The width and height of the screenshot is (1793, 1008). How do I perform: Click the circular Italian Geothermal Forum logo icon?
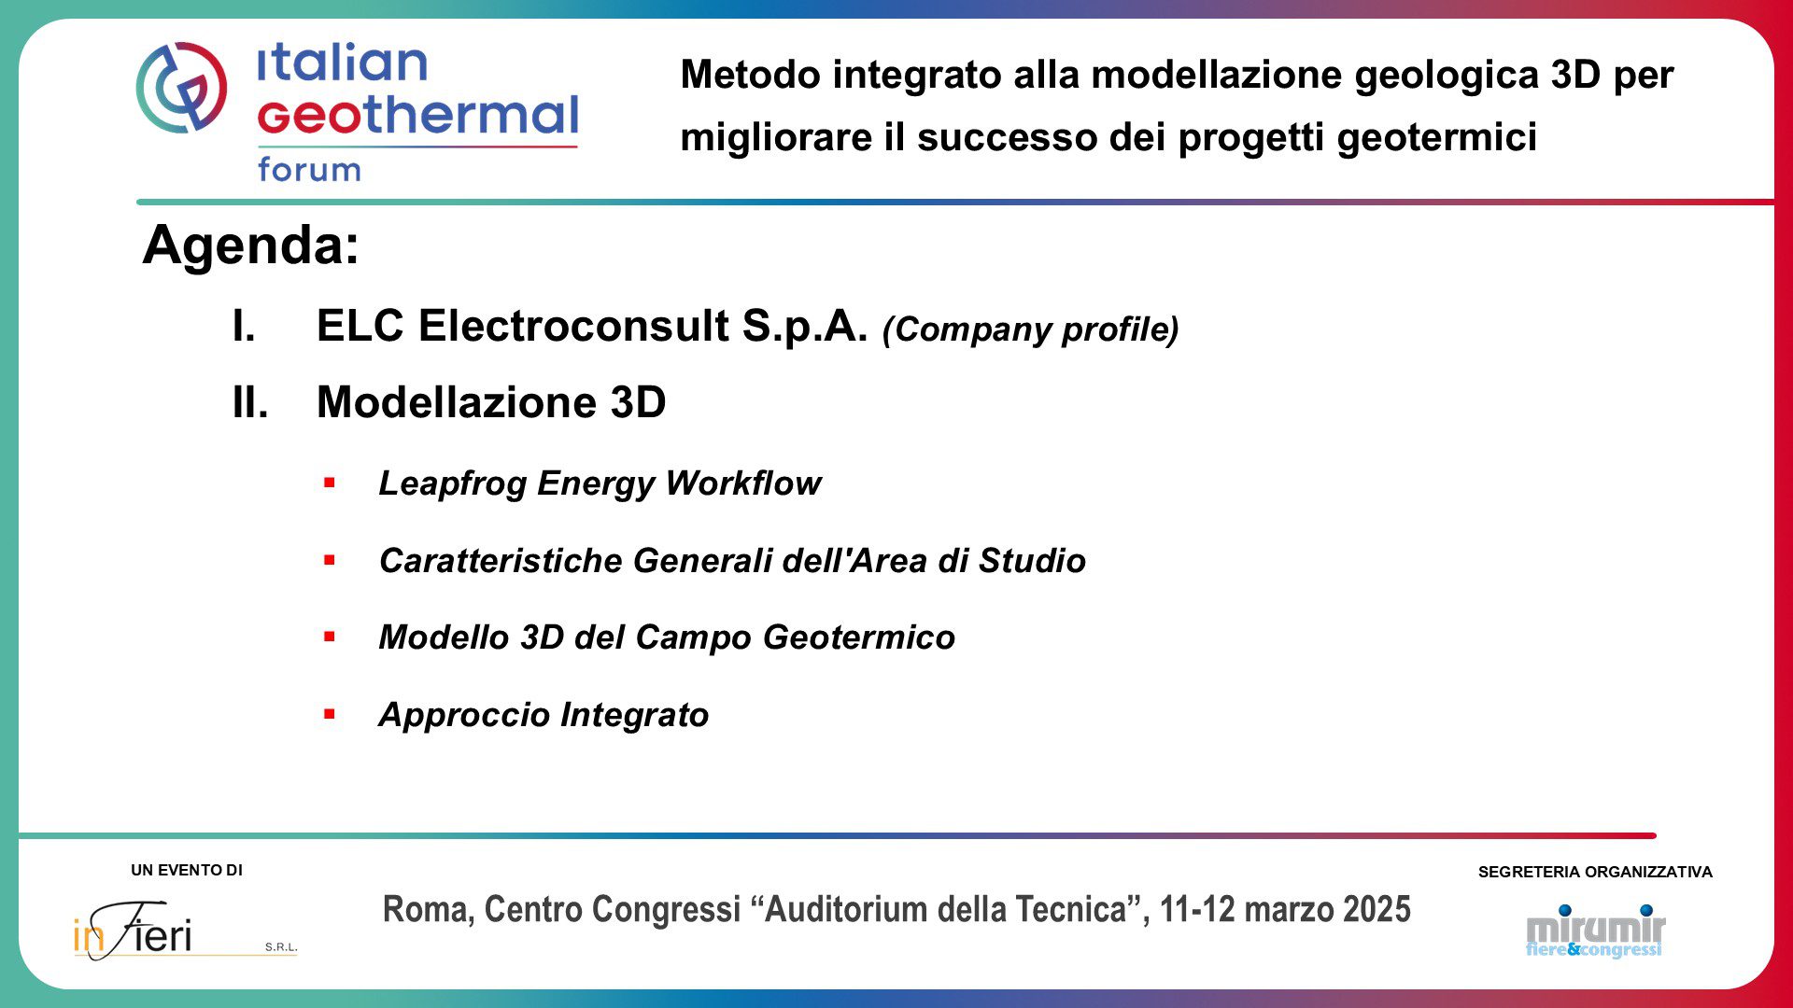point(181,87)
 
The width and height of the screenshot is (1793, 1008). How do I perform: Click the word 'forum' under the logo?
point(309,169)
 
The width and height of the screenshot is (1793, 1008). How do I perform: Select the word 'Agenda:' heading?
point(251,245)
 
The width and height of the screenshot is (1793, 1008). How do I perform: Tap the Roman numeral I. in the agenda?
point(244,326)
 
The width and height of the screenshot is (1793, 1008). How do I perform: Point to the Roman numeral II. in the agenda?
point(250,402)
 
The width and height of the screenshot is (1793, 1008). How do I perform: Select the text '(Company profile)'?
point(1030,329)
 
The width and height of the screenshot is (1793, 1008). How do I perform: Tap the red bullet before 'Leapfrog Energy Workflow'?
point(329,483)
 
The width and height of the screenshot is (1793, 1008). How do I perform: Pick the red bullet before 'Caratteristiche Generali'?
point(329,560)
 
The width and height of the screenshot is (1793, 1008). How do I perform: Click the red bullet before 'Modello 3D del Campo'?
point(329,637)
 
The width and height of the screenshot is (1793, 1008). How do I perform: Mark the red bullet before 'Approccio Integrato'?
point(329,714)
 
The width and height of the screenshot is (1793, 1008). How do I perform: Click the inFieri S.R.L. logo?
point(185,930)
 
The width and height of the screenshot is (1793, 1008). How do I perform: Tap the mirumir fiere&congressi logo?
point(1596,931)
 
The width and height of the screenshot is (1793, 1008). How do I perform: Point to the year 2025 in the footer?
point(1377,909)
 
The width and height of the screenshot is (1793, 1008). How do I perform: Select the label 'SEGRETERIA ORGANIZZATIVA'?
point(1595,872)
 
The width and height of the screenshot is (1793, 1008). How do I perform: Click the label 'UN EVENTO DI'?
point(187,870)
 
